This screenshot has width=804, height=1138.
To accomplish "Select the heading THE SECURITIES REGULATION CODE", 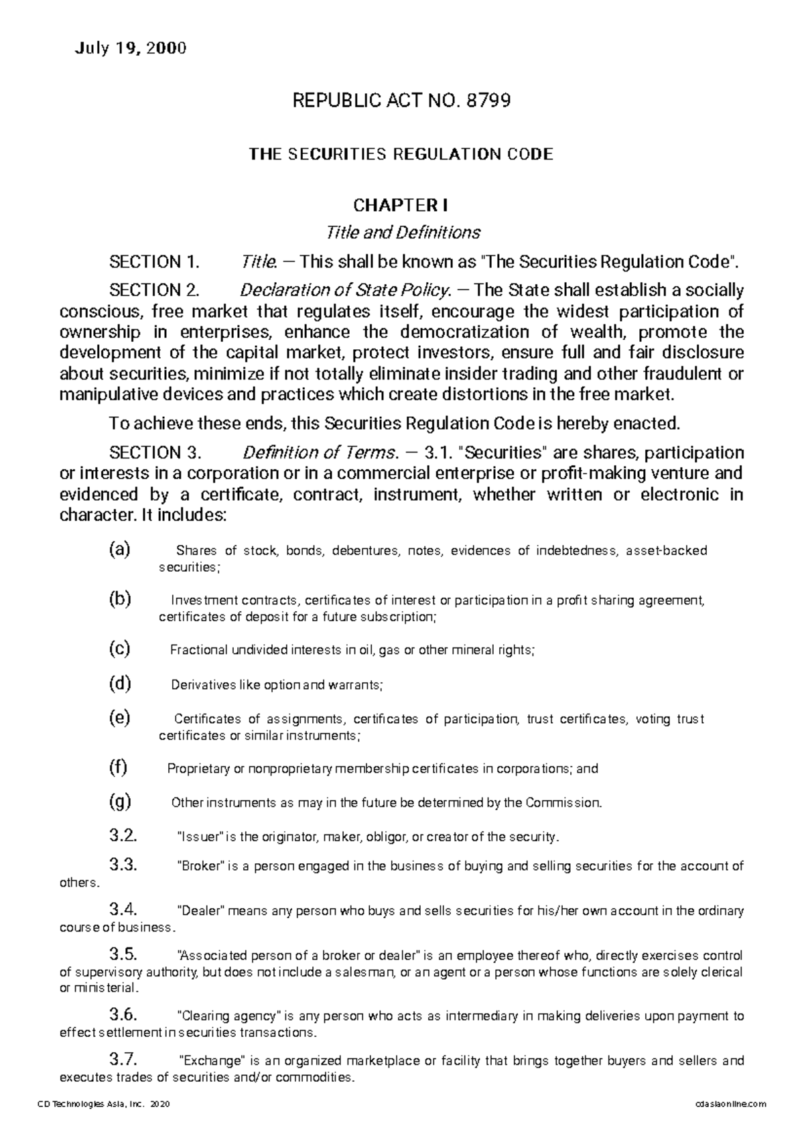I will click(x=401, y=154).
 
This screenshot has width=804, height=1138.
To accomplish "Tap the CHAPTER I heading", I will click(x=401, y=204).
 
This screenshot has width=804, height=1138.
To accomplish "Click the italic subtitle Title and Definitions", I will click(x=402, y=233).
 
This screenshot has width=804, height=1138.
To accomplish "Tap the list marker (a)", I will click(x=120, y=550).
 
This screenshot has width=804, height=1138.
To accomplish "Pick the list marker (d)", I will click(x=120, y=684).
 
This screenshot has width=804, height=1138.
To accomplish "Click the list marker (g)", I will click(x=120, y=801).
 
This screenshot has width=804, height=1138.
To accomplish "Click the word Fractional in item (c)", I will click(x=199, y=650).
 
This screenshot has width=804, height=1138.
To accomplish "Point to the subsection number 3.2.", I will click(x=123, y=836).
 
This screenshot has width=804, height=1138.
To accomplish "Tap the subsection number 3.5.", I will click(x=123, y=954).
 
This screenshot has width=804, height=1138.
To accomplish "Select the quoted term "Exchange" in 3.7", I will click(x=213, y=1061).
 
